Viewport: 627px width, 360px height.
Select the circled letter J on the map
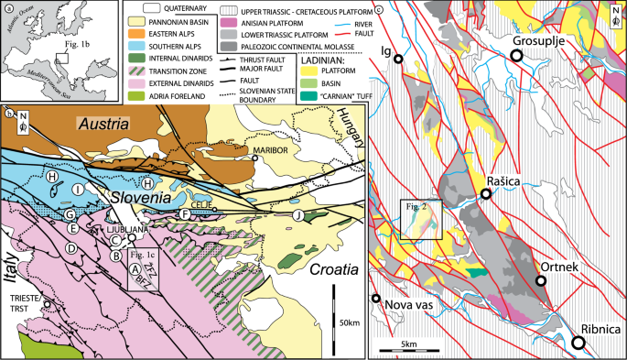[x=297, y=216]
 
